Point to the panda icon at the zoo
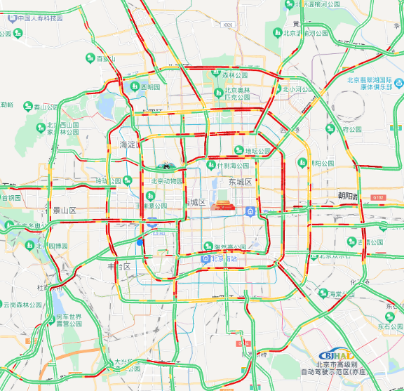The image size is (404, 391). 166,167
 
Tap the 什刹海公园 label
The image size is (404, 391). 232,166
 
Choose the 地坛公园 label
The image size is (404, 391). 257,151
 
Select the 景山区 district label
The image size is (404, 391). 64,210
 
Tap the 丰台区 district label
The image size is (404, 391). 119,267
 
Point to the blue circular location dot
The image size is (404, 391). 140,242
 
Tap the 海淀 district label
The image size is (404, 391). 128,145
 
